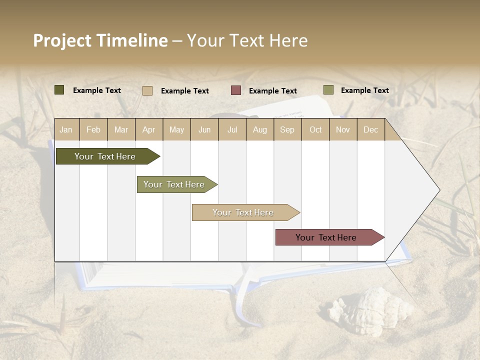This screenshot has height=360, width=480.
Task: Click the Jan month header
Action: coord(66,129)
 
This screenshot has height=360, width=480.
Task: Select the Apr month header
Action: coord(148,129)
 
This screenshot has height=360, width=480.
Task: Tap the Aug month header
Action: coord(259,129)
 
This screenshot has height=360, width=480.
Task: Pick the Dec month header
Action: coord(370,129)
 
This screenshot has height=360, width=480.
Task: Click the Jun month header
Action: coord(204,129)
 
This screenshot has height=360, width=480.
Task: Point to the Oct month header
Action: coord(315,129)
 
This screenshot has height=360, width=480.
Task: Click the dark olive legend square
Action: coord(59,90)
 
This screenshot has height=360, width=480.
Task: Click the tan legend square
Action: coord(147,90)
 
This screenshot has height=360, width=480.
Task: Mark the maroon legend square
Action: coord(235,90)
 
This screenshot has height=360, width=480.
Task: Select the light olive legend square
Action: coord(328,90)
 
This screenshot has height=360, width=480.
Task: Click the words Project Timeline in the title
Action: coord(100,40)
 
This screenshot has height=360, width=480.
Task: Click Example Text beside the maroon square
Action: coord(272,91)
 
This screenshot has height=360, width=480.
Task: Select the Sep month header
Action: coord(287,129)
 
